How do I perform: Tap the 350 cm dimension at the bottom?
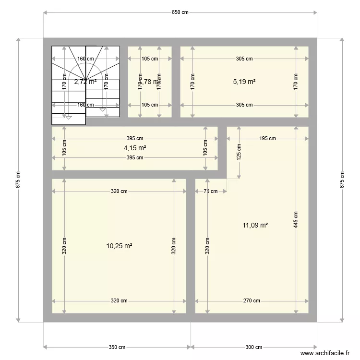(x=117, y=347)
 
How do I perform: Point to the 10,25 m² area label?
(x=119, y=246)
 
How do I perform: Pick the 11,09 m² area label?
(x=255, y=224)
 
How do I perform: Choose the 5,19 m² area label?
(x=244, y=82)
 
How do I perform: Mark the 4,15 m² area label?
(x=134, y=148)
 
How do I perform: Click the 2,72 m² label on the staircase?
(x=85, y=82)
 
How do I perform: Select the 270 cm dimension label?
(x=252, y=301)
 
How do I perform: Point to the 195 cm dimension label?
(x=267, y=139)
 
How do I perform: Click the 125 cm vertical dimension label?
(x=239, y=153)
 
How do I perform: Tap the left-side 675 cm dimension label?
(x=18, y=180)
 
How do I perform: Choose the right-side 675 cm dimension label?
(x=342, y=180)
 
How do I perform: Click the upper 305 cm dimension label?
(x=244, y=59)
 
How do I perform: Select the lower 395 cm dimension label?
(x=135, y=157)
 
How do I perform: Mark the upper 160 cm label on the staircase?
(x=85, y=59)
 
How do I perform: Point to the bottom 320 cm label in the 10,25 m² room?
(x=119, y=301)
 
